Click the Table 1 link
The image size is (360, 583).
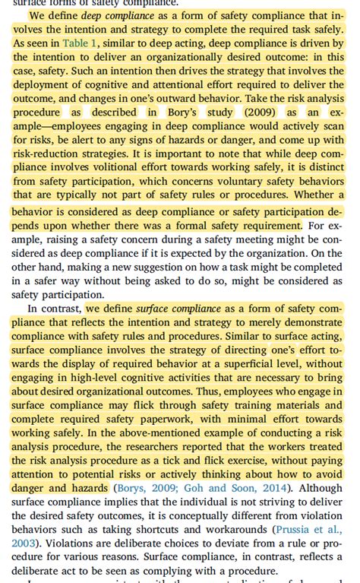79,43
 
